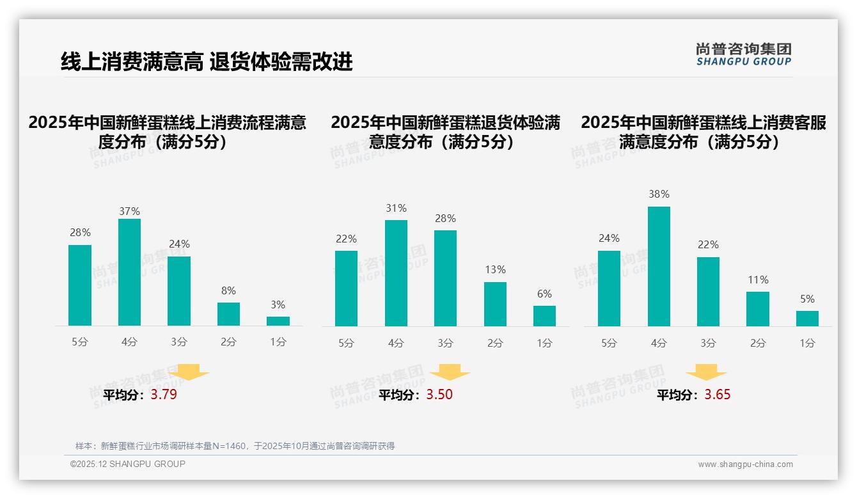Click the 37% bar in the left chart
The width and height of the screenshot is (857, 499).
click(130, 272)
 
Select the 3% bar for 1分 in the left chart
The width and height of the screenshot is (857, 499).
click(278, 321)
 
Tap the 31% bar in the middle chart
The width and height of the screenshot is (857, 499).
click(396, 273)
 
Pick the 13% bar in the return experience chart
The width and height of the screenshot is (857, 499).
click(495, 304)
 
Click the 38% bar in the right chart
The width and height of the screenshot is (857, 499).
click(659, 266)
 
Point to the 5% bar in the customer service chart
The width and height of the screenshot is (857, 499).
click(807, 319)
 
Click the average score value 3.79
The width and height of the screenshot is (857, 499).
click(164, 395)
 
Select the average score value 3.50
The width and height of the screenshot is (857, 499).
click(439, 395)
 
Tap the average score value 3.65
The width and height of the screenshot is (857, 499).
click(718, 395)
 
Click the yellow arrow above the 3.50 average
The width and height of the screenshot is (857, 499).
click(450, 372)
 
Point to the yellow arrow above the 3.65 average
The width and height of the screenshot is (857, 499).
click(706, 372)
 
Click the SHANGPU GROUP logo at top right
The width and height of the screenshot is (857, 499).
click(744, 54)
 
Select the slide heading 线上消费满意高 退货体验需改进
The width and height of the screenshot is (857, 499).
click(207, 62)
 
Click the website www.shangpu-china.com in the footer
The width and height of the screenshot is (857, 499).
click(745, 464)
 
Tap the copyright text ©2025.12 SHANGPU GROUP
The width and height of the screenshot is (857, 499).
click(128, 464)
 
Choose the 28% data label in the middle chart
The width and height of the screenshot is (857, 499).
click(445, 219)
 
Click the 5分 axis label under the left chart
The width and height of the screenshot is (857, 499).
click(80, 342)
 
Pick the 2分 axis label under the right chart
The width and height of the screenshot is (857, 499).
click(758, 344)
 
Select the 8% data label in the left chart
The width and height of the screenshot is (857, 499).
click(228, 290)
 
